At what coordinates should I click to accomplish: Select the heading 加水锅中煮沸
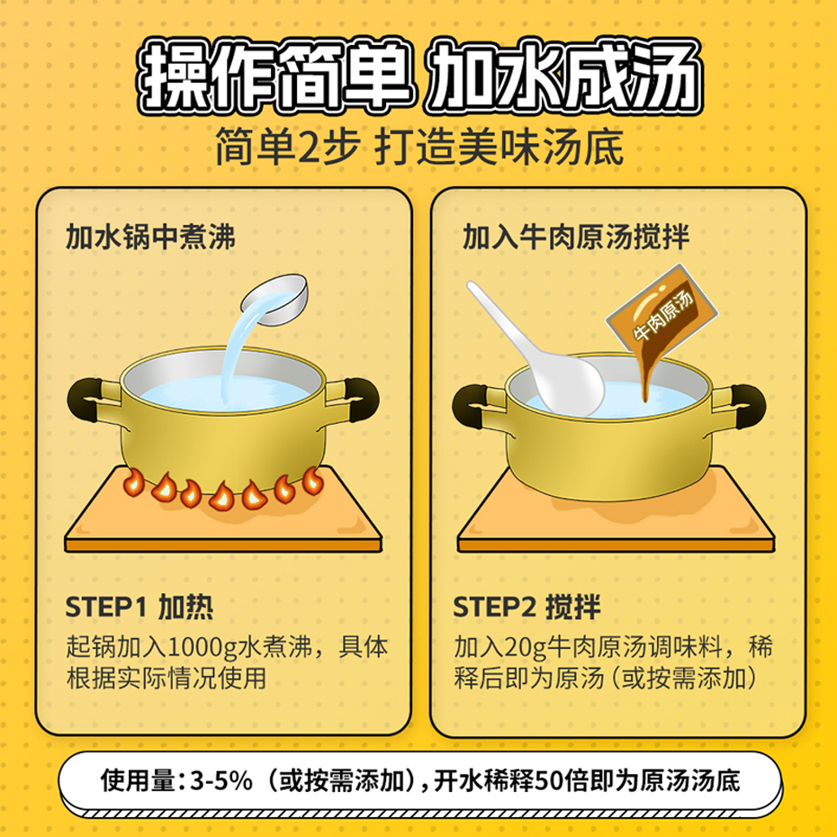coord(150,238)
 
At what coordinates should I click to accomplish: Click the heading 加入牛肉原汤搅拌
coord(576,238)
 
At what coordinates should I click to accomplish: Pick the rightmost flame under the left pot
coord(312,481)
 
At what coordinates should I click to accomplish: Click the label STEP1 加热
coord(139,607)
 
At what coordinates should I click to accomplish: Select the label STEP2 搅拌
coord(526,607)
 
